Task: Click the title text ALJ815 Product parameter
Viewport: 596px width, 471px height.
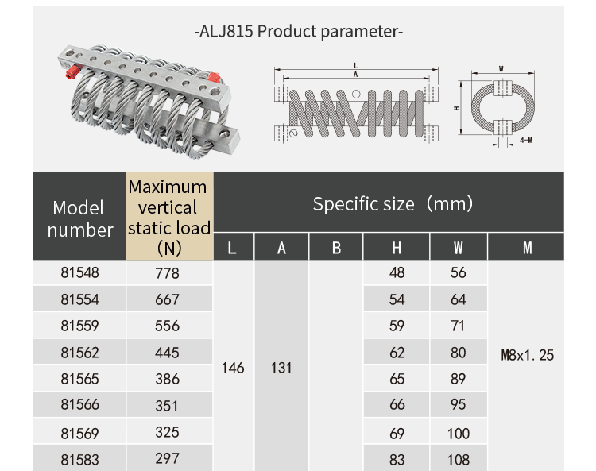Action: [x=298, y=32]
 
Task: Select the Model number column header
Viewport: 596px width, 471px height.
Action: [x=79, y=219]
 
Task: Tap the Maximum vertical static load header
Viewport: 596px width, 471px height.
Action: [x=168, y=217]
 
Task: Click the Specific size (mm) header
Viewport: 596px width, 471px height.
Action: [x=393, y=204]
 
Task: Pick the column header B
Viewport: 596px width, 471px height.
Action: [x=336, y=248]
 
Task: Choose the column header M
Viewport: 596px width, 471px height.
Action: [x=527, y=248]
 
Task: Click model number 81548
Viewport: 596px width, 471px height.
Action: [x=79, y=273]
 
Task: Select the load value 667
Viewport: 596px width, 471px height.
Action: [x=168, y=300]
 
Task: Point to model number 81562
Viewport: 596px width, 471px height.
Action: [x=79, y=352]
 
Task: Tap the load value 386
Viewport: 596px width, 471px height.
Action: [x=168, y=380]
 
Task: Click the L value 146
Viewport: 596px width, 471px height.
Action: [x=233, y=368]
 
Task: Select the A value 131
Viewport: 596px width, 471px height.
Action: [x=281, y=368]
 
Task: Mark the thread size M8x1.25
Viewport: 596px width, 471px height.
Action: [x=527, y=355]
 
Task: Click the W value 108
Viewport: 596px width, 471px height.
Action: [x=459, y=459]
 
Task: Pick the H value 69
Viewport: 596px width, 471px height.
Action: [x=397, y=434]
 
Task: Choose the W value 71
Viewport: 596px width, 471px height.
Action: [x=459, y=326]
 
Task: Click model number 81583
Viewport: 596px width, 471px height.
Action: [x=79, y=458]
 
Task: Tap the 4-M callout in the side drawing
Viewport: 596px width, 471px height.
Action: [x=525, y=140]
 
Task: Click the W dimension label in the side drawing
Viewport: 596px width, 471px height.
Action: [x=501, y=69]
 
